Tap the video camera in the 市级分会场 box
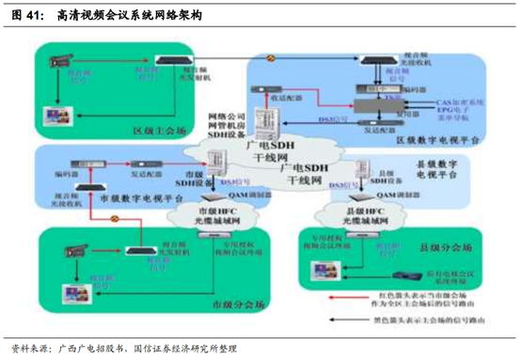[82, 251]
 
